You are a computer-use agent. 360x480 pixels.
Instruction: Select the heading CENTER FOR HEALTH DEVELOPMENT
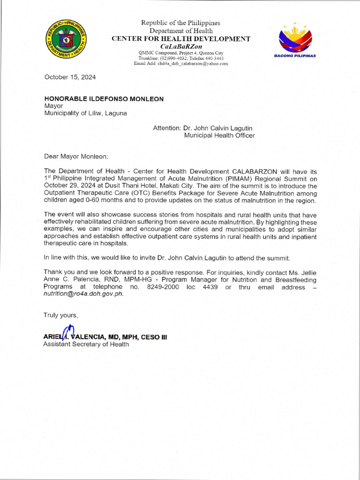pyautogui.click(x=180, y=39)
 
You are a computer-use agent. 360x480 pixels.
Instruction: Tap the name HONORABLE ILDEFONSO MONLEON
pyautogui.click(x=104, y=99)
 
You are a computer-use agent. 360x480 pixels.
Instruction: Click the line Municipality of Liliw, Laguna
pyautogui.click(x=85, y=113)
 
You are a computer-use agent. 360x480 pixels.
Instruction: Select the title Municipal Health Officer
pyautogui.click(x=219, y=135)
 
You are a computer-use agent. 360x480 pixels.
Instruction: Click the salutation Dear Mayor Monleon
pyautogui.click(x=76, y=156)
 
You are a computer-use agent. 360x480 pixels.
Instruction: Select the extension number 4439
pyautogui.click(x=210, y=287)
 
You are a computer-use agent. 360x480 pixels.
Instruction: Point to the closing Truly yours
pyautogui.click(x=60, y=315)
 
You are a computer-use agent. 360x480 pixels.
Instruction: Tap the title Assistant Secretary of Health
pyautogui.click(x=86, y=345)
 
